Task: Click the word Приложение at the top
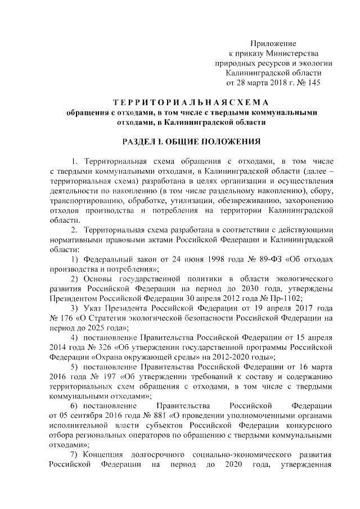coord(273,43)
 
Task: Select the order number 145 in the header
coord(312,82)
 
